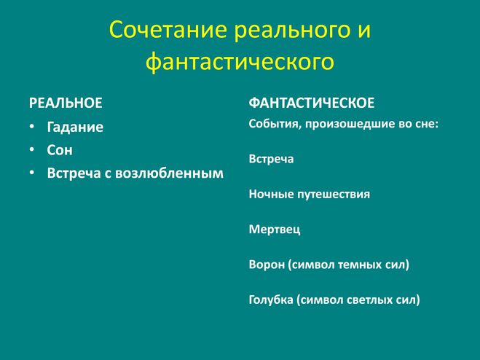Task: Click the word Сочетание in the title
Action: click(168, 29)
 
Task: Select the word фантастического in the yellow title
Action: click(240, 63)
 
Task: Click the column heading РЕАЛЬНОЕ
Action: click(66, 103)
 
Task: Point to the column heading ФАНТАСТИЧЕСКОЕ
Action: click(312, 103)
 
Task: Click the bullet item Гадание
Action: click(75, 128)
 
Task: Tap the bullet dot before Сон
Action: click(32, 149)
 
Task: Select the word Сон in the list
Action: click(60, 150)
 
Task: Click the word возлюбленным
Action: click(169, 173)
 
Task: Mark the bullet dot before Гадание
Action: click(32, 127)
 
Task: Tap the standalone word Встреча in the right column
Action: click(271, 159)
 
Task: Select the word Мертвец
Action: click(275, 230)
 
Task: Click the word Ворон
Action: click(267, 265)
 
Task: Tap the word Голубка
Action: click(271, 300)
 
